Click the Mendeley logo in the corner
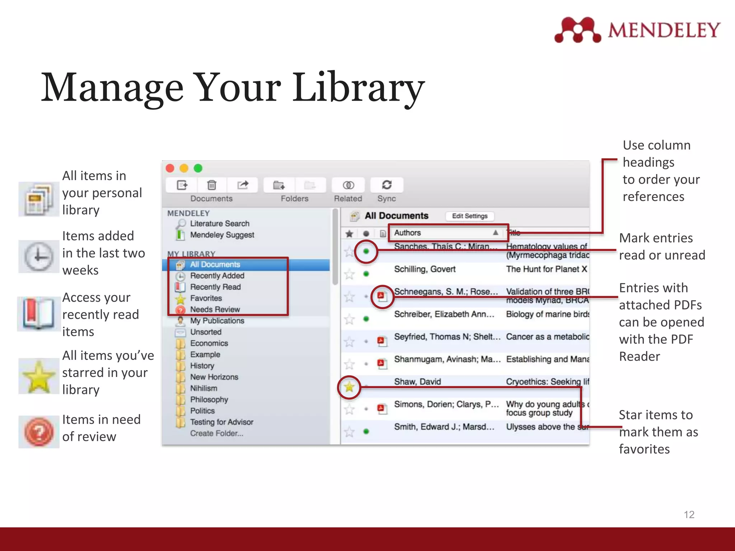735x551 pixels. [x=637, y=30]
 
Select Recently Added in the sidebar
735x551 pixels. [x=217, y=276]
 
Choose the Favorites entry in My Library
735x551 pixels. [x=206, y=298]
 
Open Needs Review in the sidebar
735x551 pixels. [x=215, y=310]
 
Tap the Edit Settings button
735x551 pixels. [x=469, y=216]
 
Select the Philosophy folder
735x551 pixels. [x=209, y=400]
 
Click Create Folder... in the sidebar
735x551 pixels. [x=216, y=433]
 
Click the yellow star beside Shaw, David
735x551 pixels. [x=349, y=387]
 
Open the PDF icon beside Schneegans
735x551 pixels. [x=381, y=296]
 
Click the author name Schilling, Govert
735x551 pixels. [x=425, y=269]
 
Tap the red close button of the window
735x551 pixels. [x=170, y=168]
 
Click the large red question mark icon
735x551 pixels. [x=39, y=432]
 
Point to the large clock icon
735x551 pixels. [x=38, y=256]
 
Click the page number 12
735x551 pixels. [x=689, y=514]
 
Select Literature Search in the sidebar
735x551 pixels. [x=219, y=223]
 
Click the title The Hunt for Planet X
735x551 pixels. [x=546, y=269]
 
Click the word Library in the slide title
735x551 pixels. [x=359, y=88]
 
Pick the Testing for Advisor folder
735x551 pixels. [x=221, y=422]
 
